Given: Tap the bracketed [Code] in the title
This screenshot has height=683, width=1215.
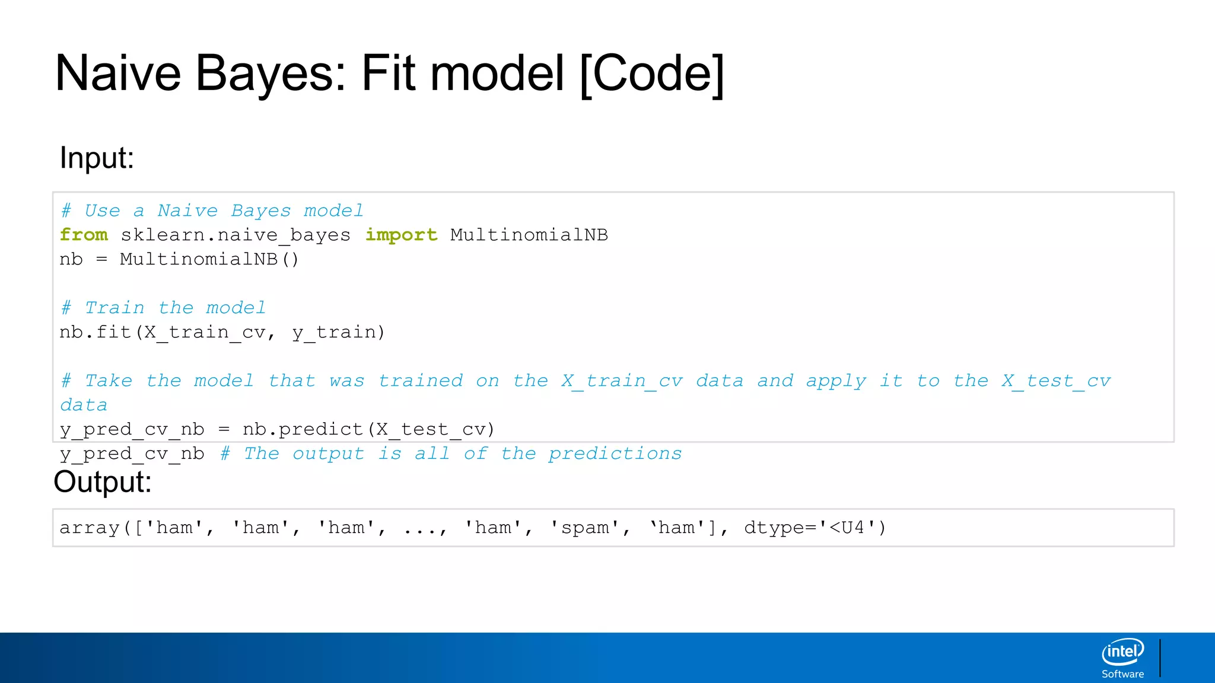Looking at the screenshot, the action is pos(651,74).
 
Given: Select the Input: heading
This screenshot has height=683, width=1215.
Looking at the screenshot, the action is pos(97,158).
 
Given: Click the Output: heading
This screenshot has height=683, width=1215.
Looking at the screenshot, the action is pos(103,481).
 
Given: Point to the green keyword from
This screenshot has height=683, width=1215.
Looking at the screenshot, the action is pos(84,235).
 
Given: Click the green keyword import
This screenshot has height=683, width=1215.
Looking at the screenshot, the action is pos(401,235).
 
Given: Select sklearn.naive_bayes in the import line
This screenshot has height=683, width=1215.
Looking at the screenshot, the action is pos(236,235).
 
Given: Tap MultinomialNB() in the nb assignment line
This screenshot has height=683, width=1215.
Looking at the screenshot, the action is pos(209,260).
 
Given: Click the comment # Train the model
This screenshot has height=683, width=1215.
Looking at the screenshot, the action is pos(163,308).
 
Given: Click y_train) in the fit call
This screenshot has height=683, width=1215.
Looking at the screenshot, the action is pos(338,332).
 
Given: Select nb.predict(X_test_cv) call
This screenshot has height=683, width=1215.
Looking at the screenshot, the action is pos(368,429).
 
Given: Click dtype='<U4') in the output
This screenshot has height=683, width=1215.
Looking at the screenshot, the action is pos(815,528).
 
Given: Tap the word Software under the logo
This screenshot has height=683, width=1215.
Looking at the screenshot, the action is pos(1122,674).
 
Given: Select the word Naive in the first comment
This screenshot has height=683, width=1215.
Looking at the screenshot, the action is pos(187,211).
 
